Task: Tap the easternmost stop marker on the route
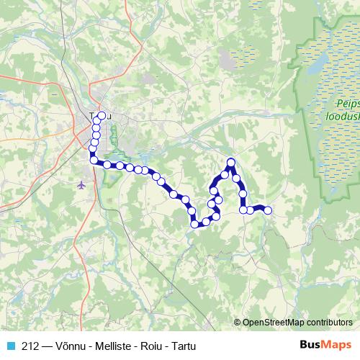pyautogui.click(x=268, y=210)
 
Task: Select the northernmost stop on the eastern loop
pyautogui.click(x=231, y=162)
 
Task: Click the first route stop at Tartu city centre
pyautogui.click(x=102, y=116)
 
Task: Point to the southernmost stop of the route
pyautogui.click(x=194, y=225)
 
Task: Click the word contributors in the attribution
pyautogui.click(x=328, y=323)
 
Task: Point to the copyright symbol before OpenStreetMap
pyautogui.click(x=238, y=323)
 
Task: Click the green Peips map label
pyautogui.click(x=347, y=102)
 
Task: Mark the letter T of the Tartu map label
pyautogui.click(x=92, y=115)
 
